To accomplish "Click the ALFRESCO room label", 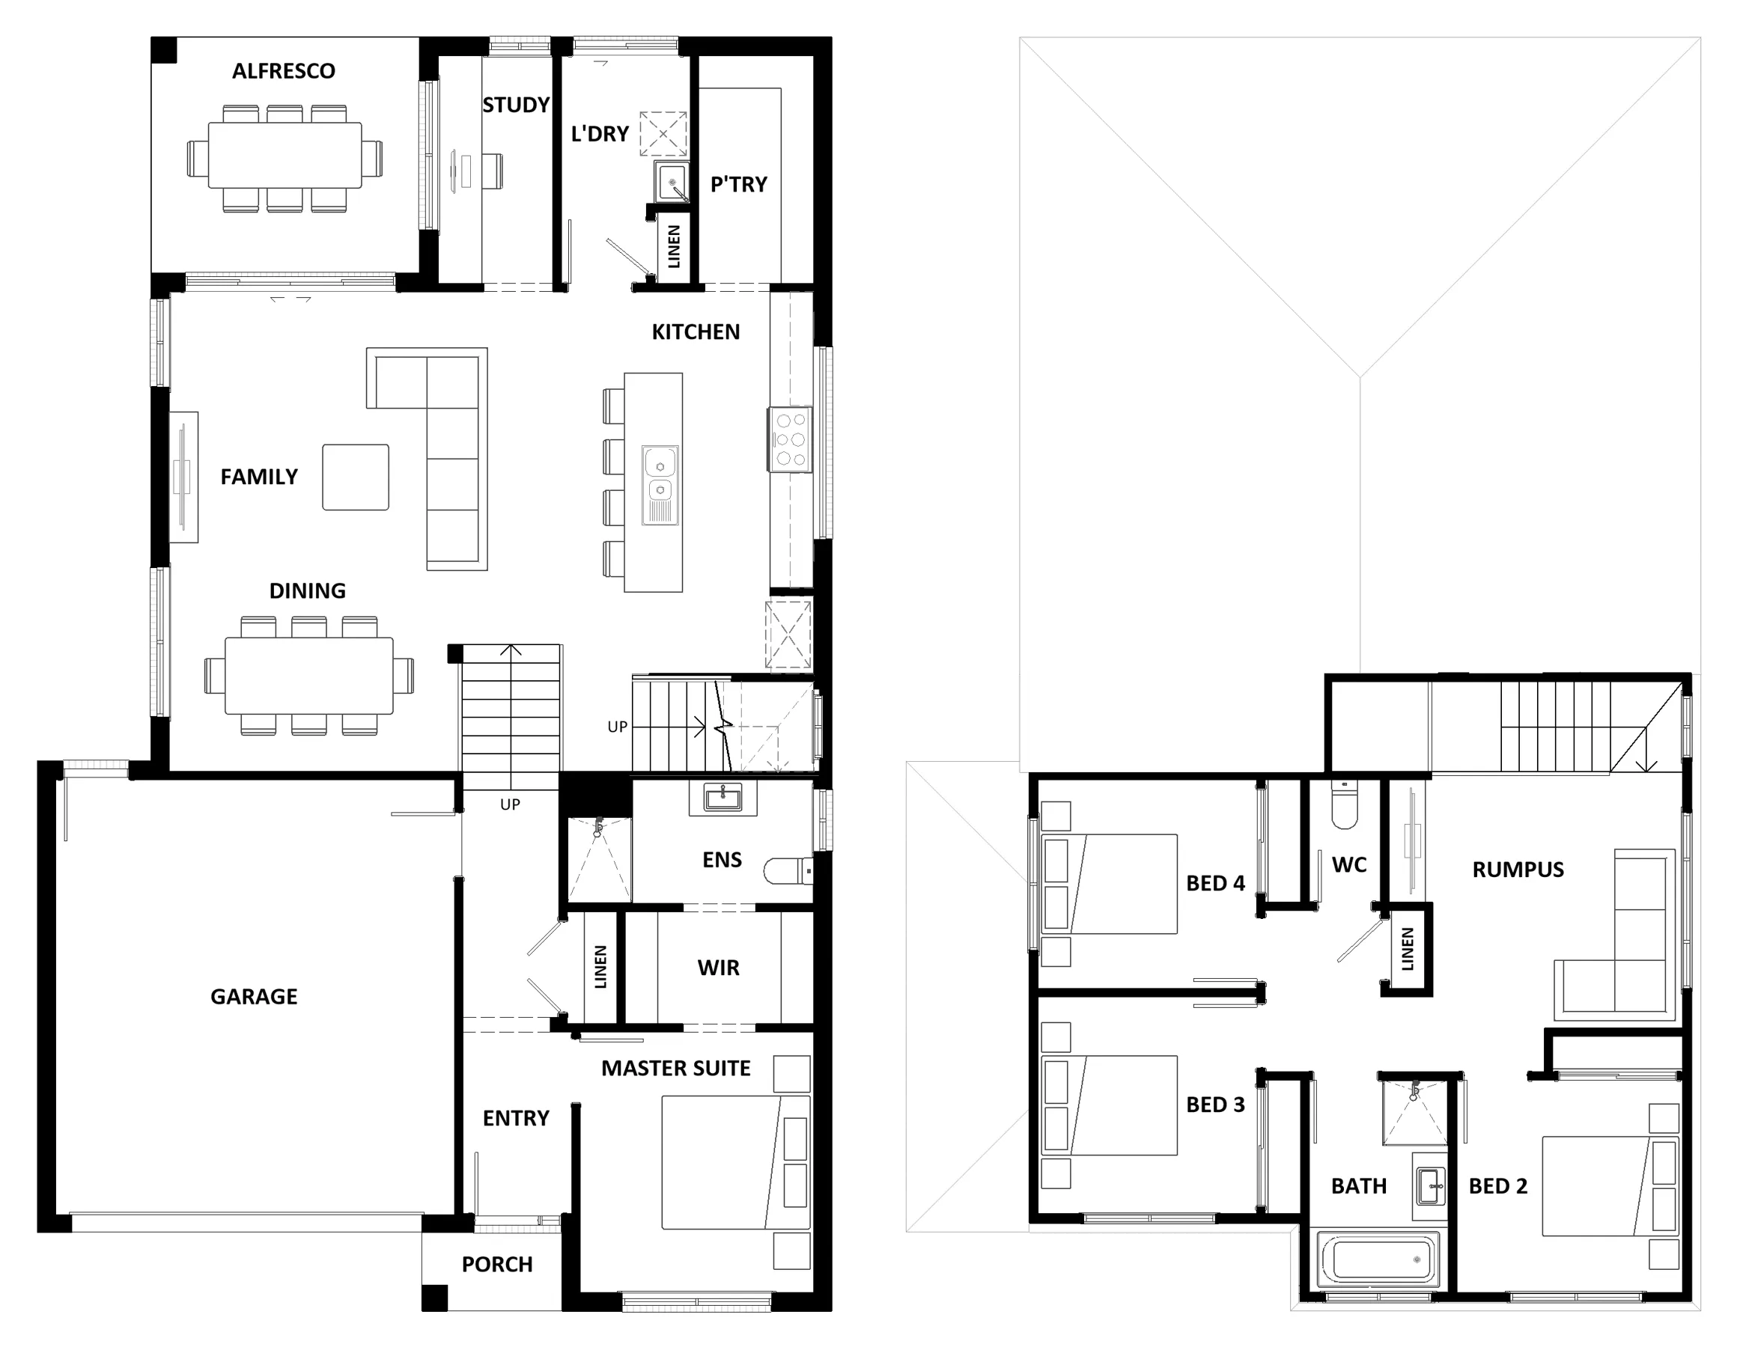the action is pos(283,72).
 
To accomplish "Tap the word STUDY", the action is pos(516,105).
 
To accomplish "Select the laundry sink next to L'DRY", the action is pos(672,181).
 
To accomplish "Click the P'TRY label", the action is pos(739,185).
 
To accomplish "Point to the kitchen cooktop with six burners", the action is pos(790,440).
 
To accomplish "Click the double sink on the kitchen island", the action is pos(660,485).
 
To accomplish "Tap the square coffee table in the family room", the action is pos(356,477).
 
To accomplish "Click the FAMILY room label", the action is pos(259,477).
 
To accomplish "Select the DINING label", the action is pos(308,590).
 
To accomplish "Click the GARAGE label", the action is pos(254,996).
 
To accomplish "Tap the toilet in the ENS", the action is pos(788,872).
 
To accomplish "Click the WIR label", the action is pos(718,968).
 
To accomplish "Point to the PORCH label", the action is pos(497,1264).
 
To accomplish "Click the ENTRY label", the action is pos(516,1119).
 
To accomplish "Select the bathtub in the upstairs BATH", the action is pos(1378,1259).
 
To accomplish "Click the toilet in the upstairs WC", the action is pos(1344,804).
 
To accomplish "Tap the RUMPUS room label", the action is pos(1518,870).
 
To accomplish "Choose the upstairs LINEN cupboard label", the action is pos(1408,950).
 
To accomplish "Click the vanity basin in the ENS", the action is pos(723,798).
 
